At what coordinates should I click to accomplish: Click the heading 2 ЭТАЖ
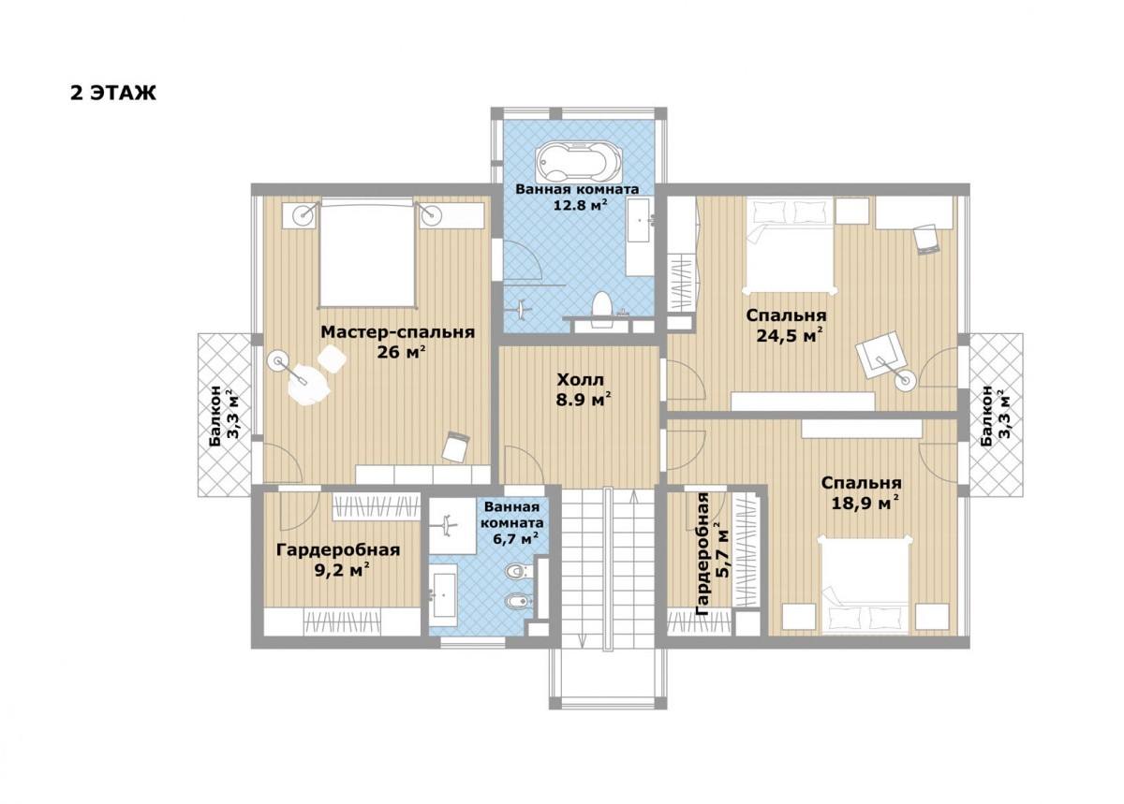tap(113, 93)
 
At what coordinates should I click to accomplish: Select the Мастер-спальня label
tap(397, 332)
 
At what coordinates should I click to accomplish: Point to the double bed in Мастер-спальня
tap(368, 253)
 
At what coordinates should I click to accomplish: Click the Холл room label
tap(581, 380)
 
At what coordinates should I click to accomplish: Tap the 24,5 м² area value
tap(789, 335)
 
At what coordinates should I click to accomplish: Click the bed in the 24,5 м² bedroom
tap(791, 245)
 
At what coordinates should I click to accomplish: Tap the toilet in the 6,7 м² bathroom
tap(515, 571)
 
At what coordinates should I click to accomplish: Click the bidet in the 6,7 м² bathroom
tap(516, 600)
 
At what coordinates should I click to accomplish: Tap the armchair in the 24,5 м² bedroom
tap(880, 355)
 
